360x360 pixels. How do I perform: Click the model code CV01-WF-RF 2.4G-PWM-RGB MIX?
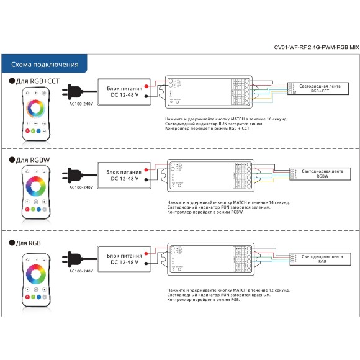point(317,47)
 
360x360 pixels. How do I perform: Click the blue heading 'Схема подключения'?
point(45,65)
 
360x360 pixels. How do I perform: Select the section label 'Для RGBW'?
point(32,160)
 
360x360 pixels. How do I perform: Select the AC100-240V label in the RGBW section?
point(81,187)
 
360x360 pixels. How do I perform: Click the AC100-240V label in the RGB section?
point(81,271)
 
